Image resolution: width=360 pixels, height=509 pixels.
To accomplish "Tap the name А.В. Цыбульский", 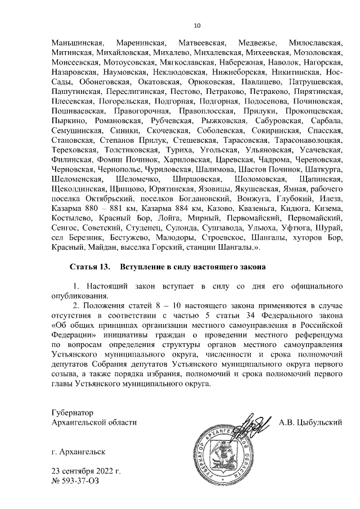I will pyautogui.click(x=310, y=422).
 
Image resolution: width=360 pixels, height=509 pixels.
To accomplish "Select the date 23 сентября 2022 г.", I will pyautogui.click(x=85, y=471).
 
